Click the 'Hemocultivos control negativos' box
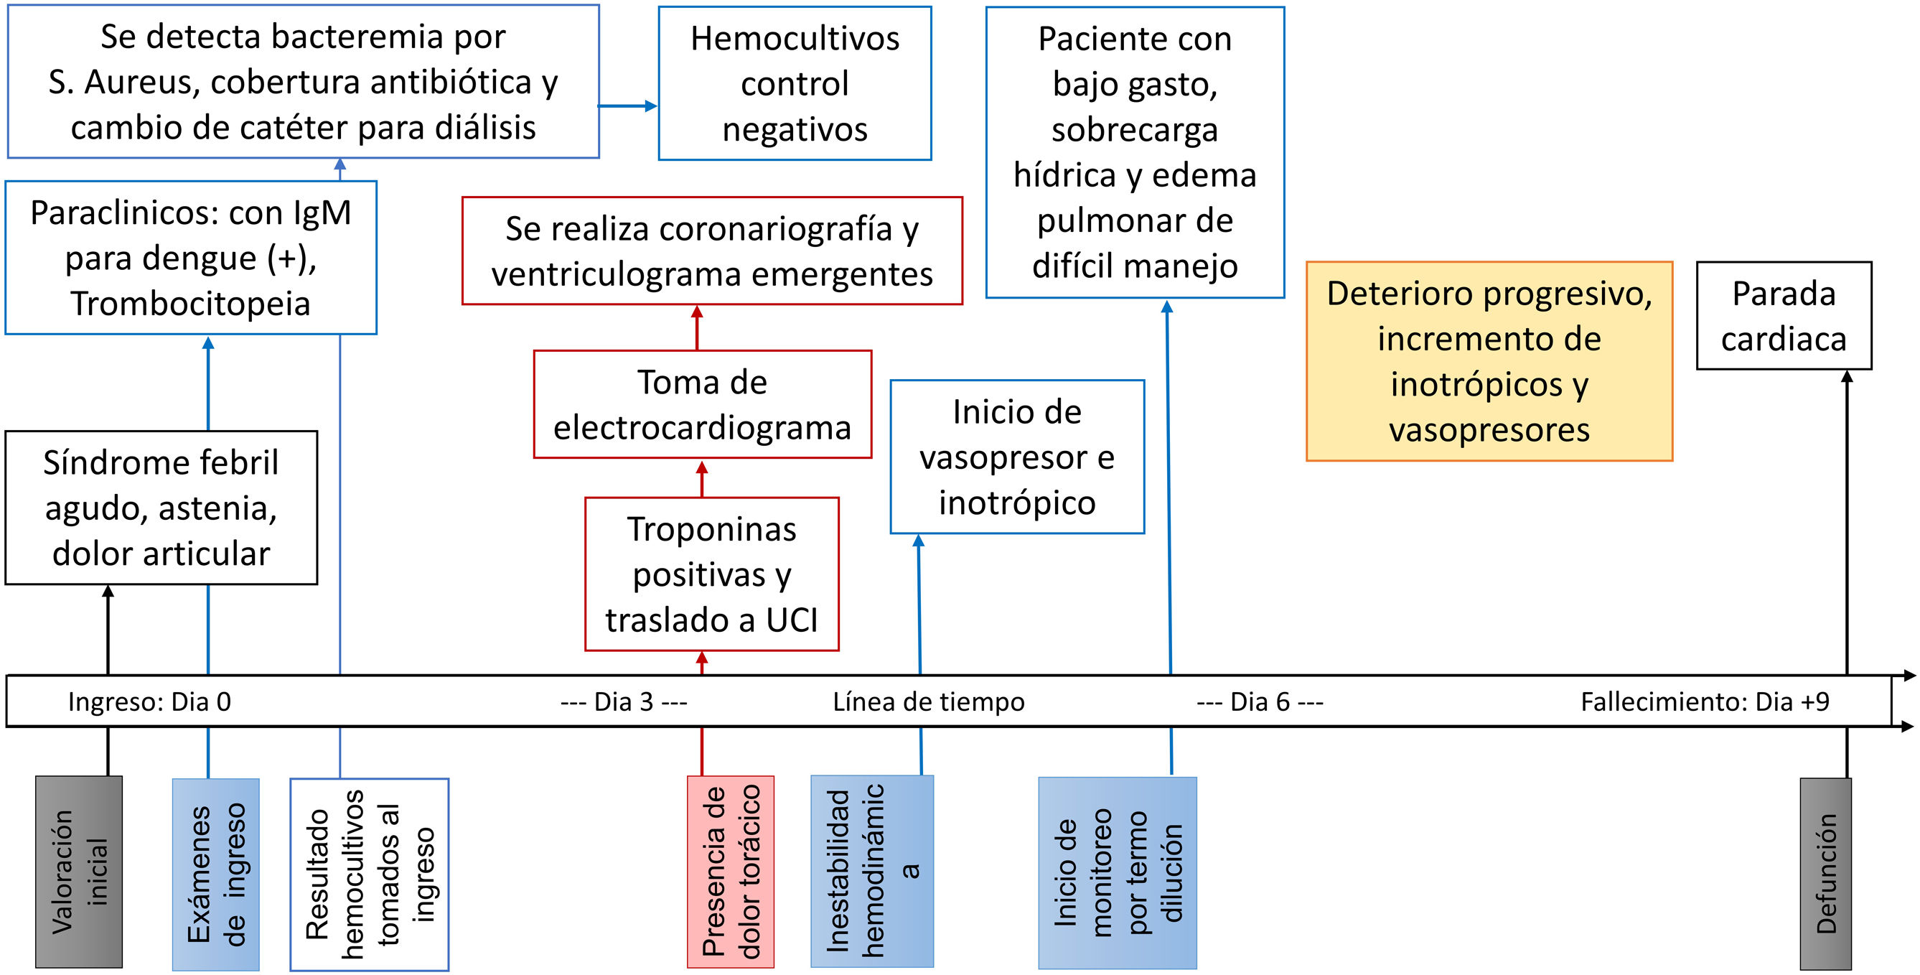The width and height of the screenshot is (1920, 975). (795, 83)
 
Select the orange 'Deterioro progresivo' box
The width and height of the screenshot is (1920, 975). (1489, 362)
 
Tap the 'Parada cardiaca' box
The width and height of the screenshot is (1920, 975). (1784, 315)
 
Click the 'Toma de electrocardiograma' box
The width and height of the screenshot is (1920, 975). (702, 404)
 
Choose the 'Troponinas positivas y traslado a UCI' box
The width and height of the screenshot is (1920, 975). (712, 574)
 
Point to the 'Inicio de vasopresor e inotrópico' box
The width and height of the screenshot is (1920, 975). (1016, 457)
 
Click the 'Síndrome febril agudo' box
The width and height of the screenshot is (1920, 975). (161, 508)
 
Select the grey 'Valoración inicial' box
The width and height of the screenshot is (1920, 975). (79, 872)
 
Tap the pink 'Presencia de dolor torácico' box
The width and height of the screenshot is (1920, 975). (731, 872)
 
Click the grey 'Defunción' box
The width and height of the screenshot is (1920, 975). (1825, 874)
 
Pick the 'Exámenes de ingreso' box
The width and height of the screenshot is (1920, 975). (215, 874)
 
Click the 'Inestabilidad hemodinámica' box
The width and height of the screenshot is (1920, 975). (872, 872)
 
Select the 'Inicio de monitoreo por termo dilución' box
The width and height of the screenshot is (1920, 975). (1118, 873)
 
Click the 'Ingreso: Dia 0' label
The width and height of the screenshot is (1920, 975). (150, 701)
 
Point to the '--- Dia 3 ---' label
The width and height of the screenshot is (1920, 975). (624, 701)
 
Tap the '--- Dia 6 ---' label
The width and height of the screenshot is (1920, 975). (1260, 701)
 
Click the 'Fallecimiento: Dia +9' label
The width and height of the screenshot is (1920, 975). (1705, 701)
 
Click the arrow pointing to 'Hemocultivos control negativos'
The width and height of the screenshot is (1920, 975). (627, 106)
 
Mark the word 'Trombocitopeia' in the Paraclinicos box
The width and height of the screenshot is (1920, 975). (190, 304)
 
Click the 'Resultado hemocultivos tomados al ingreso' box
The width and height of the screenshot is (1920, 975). (370, 874)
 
